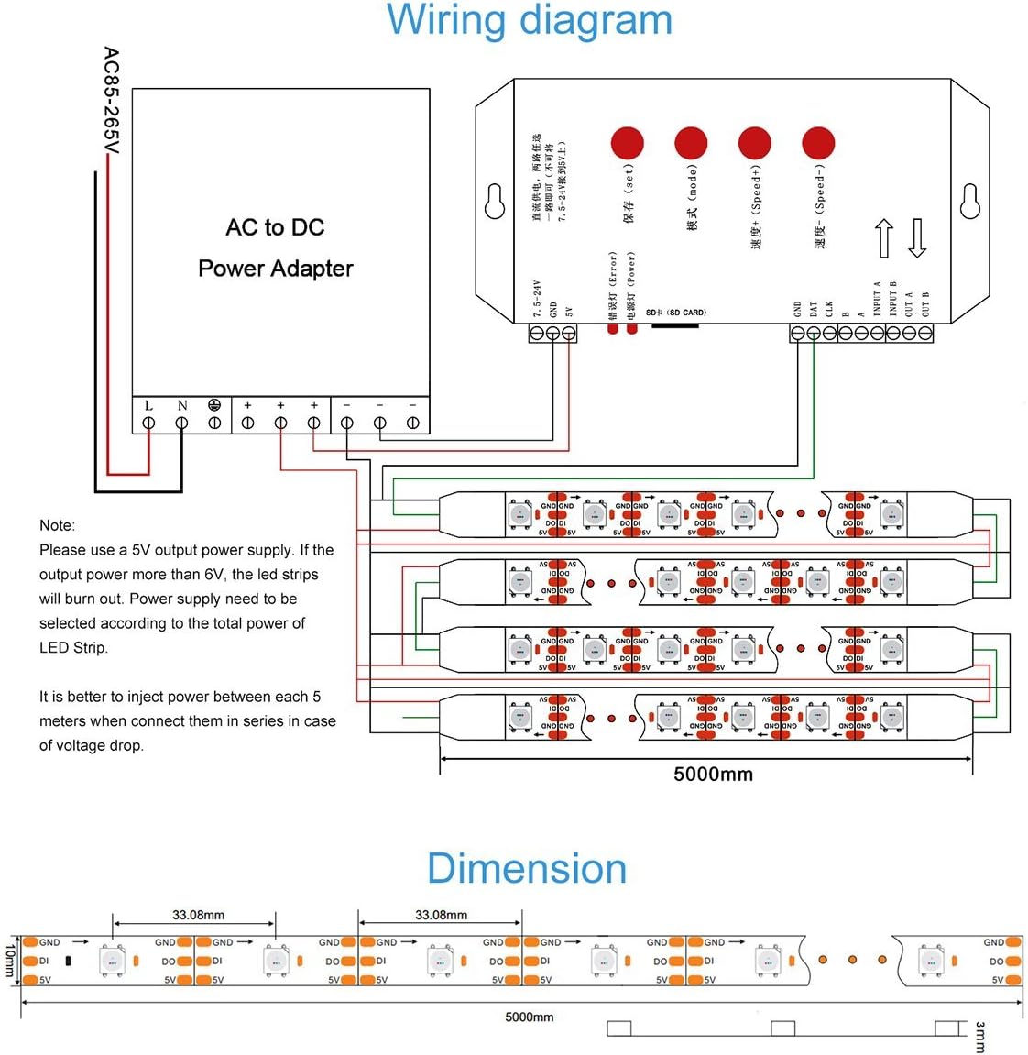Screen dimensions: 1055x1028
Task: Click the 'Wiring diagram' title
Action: tap(530, 20)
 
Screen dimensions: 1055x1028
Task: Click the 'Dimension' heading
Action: tap(526, 869)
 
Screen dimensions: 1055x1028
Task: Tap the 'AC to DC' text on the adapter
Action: tap(275, 227)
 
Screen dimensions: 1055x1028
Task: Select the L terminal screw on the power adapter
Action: tap(148, 423)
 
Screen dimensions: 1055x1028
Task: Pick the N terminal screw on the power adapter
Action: tap(181, 423)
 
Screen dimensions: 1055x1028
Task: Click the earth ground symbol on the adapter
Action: tap(214, 405)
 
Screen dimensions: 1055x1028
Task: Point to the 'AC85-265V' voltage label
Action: tap(111, 101)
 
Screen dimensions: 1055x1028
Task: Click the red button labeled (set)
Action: tap(628, 143)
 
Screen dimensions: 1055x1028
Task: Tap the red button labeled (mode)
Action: tap(691, 143)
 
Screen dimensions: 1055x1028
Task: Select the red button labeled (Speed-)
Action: tap(818, 143)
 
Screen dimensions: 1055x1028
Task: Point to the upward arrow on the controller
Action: tap(883, 238)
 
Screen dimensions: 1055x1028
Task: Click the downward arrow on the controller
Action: tap(917, 238)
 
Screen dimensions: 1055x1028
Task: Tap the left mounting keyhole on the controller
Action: tap(495, 202)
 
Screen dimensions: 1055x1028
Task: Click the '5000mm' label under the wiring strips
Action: tap(713, 775)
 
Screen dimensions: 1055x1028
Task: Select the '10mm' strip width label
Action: tap(11, 961)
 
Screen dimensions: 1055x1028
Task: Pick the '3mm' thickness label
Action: tap(980, 1037)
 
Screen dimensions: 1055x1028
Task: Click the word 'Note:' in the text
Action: tap(57, 525)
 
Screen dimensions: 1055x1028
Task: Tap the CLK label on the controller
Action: tap(829, 309)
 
